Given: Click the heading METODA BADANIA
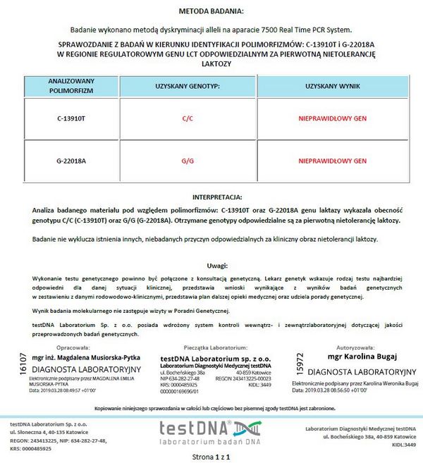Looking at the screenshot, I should [211, 11].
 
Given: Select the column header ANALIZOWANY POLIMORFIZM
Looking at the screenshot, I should [70, 86].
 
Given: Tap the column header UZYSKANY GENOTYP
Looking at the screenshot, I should [188, 86].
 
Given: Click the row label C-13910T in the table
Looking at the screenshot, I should [70, 118].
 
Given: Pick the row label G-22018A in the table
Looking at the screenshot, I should [70, 161].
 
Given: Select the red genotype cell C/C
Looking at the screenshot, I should [188, 118].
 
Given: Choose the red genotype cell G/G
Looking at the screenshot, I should [188, 161].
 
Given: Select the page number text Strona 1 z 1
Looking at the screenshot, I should [211, 457].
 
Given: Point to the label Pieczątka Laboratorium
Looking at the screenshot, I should [211, 348].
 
